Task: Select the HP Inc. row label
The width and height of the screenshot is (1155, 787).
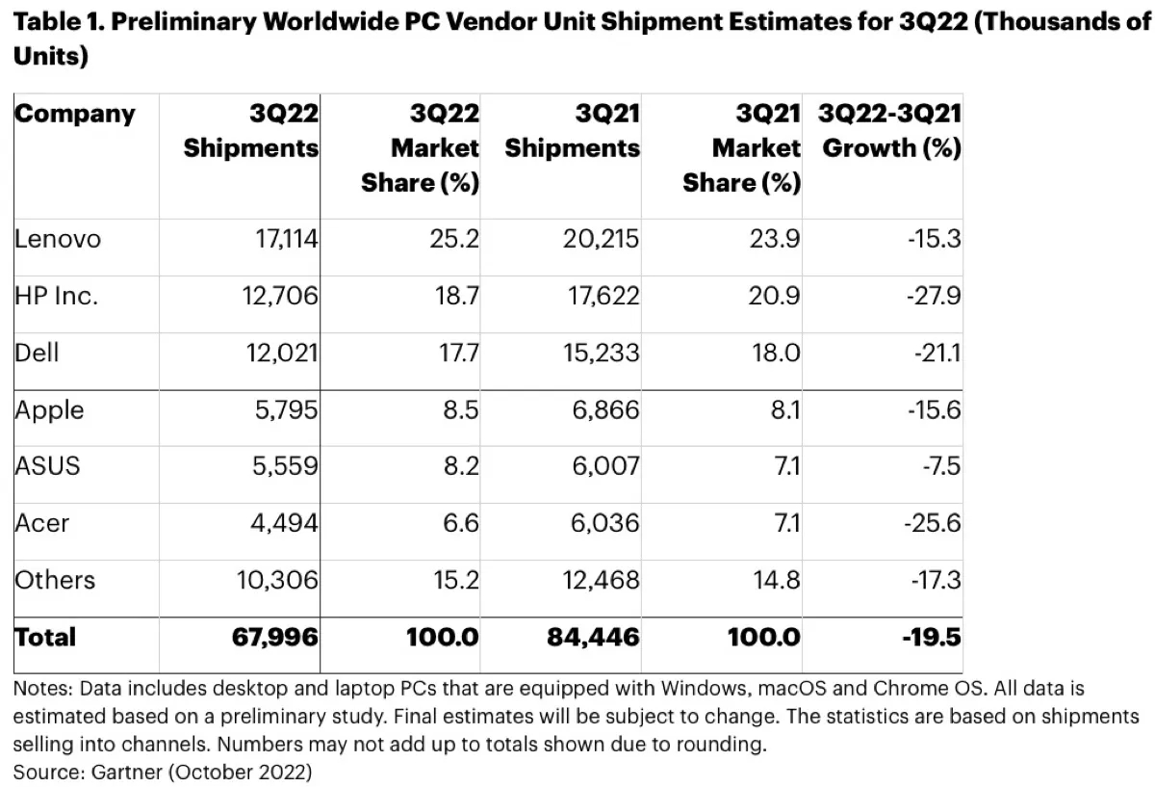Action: point(56,297)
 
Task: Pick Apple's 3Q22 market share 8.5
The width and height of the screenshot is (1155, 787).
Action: point(458,410)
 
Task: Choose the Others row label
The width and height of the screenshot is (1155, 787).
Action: point(55,580)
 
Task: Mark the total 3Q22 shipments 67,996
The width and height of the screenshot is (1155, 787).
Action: point(275,637)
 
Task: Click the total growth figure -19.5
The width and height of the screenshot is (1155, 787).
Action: point(931,637)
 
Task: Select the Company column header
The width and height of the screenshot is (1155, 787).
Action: point(75,114)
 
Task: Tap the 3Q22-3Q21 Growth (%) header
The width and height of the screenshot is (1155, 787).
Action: point(888,131)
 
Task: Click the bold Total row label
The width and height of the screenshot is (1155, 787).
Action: point(45,637)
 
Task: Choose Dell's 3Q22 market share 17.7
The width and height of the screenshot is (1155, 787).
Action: point(458,354)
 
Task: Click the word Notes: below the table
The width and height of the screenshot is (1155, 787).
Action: point(43,689)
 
